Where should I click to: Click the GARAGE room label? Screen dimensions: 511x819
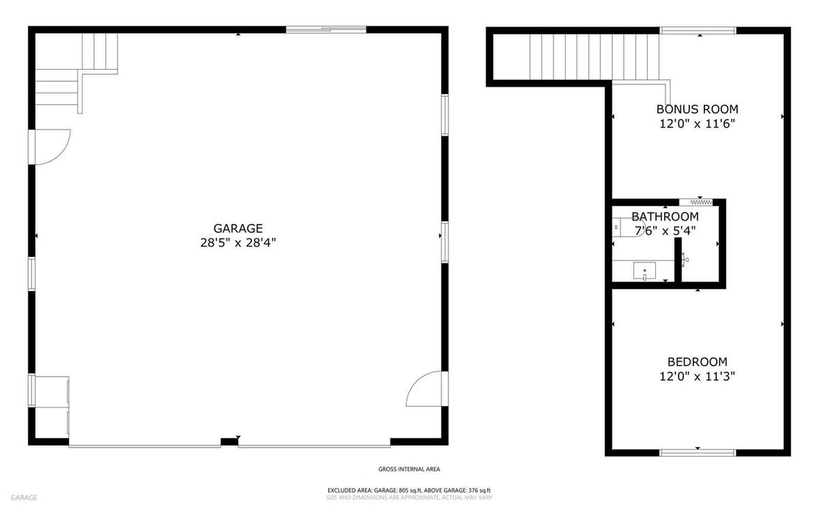(238, 229)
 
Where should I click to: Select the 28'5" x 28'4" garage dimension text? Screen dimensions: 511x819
(238, 242)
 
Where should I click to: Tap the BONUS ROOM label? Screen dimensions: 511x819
(697, 109)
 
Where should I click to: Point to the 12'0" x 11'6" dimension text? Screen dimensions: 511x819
(697, 123)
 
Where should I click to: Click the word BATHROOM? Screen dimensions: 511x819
(665, 217)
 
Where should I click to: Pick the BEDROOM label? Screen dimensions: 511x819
(697, 362)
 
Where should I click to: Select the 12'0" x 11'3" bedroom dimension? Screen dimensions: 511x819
(697, 375)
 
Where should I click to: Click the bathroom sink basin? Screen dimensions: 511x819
(644, 271)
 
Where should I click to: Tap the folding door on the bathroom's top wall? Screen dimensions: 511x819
(696, 202)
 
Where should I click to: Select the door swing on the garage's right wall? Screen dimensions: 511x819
(426, 390)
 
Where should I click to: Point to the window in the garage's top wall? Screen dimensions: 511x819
(326, 29)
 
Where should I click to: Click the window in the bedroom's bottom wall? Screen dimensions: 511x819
(697, 452)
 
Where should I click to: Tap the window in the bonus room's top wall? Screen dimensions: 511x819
(698, 30)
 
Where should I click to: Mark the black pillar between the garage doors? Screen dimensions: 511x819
(229, 442)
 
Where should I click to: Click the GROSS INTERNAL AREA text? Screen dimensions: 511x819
(409, 469)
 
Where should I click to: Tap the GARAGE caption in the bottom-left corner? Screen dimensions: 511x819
(23, 497)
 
